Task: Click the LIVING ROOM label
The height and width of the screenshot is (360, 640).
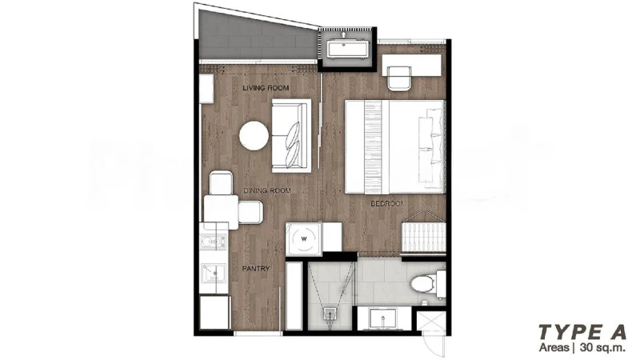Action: pos(266,88)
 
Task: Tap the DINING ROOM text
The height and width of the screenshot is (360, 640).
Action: pos(267,190)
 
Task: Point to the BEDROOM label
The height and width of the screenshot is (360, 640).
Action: pos(387,203)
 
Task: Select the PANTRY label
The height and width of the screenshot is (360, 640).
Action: pos(256,269)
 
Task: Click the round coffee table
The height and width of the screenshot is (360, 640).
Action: pos(254,135)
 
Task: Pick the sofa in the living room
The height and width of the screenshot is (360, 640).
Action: pos(291,135)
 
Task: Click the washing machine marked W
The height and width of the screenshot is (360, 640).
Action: pos(304,239)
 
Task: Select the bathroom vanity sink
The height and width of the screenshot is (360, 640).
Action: pos(383,318)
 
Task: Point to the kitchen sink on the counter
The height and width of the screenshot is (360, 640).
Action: pos(213,273)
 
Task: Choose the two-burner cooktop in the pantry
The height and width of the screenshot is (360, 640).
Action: pos(213,242)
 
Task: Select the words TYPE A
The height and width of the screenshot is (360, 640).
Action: pos(582,332)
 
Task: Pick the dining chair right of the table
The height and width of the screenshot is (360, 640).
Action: pos(250,212)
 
